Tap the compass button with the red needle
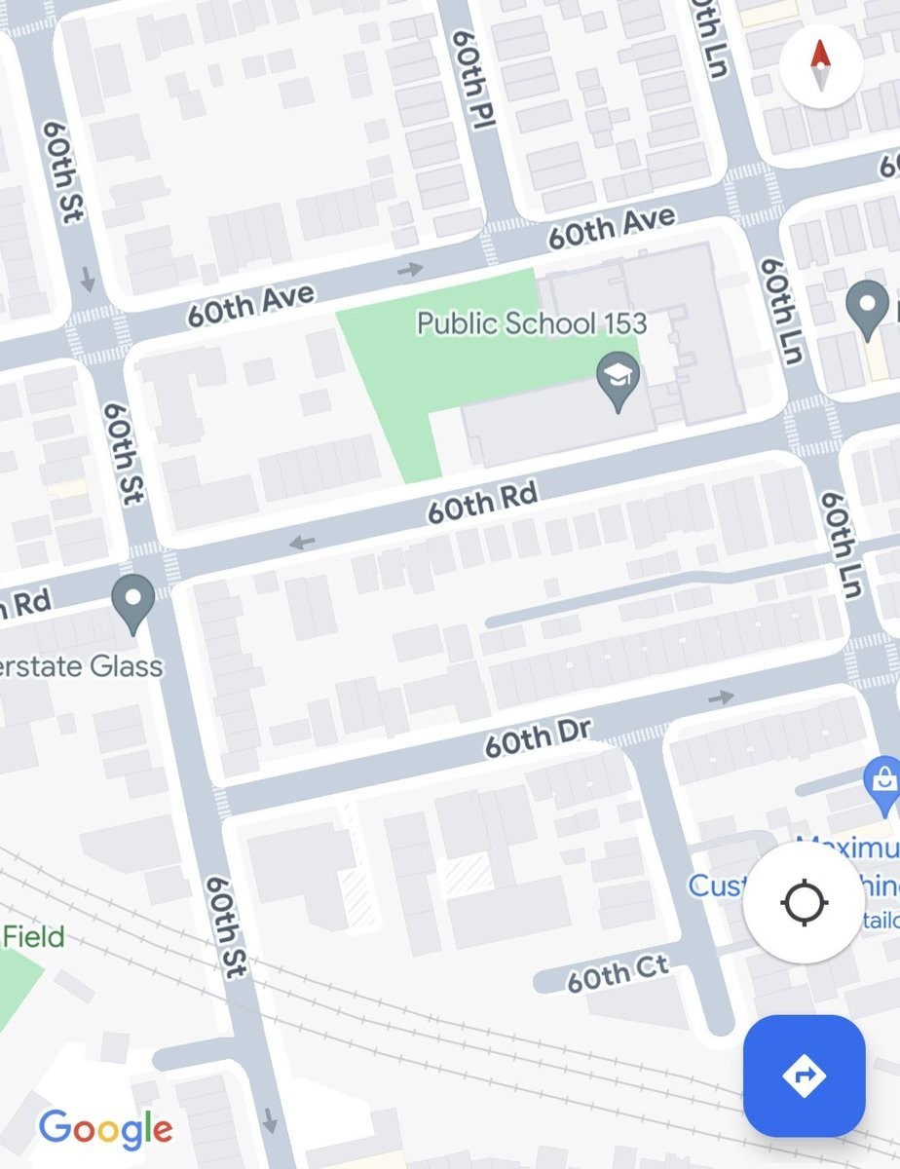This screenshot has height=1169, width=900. pos(820,65)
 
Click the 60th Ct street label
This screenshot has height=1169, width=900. pos(618,972)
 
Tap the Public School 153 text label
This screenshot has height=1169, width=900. pos(532,323)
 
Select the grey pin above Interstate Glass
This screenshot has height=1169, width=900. pos(133,603)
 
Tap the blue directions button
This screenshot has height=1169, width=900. pos(804,1075)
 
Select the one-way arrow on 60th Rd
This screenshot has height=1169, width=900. pos(302,542)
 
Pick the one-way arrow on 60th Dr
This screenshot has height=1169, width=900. pos(721,698)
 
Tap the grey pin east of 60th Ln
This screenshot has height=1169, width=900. pos(866,308)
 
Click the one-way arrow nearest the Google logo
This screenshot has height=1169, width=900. pos(270,1120)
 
